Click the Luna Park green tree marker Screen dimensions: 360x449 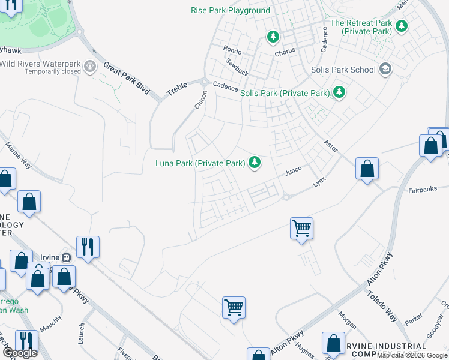(x=255, y=162)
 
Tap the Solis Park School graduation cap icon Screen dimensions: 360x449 (x=385, y=70)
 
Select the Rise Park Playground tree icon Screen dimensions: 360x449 (x=274, y=37)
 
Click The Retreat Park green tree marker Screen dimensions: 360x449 (x=402, y=26)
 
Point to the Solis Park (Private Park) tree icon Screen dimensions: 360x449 (x=340, y=92)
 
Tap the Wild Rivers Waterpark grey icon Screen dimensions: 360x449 (x=91, y=66)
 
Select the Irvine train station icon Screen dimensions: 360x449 (x=67, y=257)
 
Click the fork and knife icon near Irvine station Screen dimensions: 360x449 (x=88, y=245)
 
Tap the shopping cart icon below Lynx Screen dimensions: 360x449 (x=301, y=227)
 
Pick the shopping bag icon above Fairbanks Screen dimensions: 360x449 (x=367, y=169)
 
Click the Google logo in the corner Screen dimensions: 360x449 (x=20, y=352)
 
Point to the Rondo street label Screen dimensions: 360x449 (x=232, y=50)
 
